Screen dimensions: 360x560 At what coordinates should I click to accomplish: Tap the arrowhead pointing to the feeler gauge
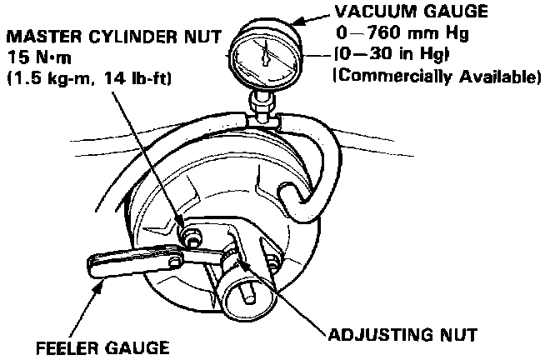tap(102, 286)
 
